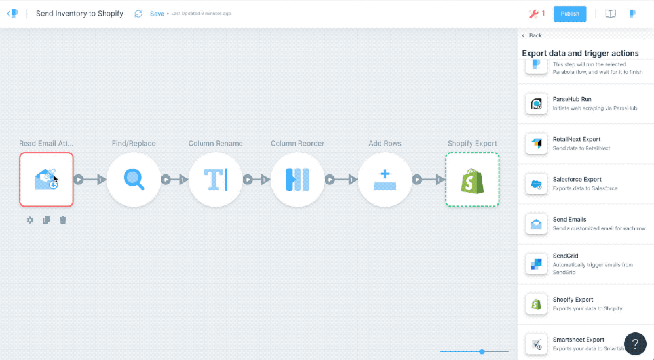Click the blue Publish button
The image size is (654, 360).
pos(569,14)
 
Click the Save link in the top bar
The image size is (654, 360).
pos(157,14)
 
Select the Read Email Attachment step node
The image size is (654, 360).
pos(47,180)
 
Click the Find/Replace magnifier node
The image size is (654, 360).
pos(134,180)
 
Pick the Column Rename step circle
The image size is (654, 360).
pos(216,180)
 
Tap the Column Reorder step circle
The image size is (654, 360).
pos(298,180)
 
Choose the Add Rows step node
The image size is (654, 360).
pos(385,180)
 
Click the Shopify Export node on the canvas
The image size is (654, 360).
pos(472,180)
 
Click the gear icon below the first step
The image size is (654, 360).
pos(30,220)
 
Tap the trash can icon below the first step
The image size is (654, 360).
pos(62,220)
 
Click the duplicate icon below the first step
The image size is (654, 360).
pos(47,220)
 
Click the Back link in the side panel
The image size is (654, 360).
pos(532,35)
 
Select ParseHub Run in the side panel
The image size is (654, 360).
pos(586,104)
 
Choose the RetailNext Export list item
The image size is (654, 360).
pos(586,144)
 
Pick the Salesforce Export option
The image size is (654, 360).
pos(586,184)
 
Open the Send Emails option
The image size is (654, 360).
pos(586,224)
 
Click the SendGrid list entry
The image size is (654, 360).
pos(586,264)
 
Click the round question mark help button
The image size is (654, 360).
pos(635,344)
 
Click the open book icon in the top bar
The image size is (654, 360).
pos(610,14)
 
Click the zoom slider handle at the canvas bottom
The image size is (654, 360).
pos(482,351)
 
